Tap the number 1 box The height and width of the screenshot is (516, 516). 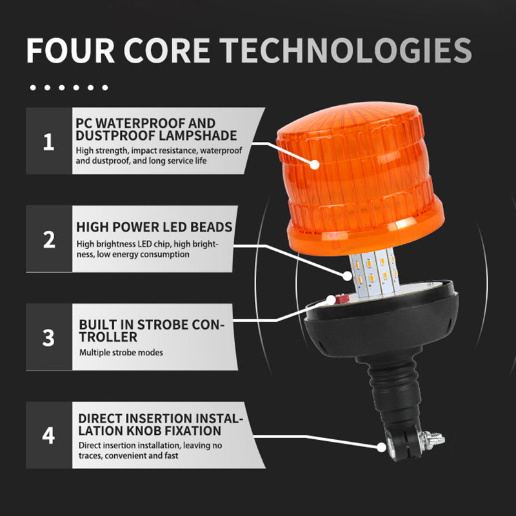pyautogui.click(x=49, y=141)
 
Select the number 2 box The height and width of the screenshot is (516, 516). pyautogui.click(x=49, y=240)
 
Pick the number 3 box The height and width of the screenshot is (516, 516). pyautogui.click(x=49, y=337)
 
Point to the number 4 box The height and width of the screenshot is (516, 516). pyautogui.click(x=49, y=435)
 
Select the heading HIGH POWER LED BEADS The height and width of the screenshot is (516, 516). pyautogui.click(x=154, y=228)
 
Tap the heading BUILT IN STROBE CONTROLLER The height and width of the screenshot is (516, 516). pyautogui.click(x=152, y=330)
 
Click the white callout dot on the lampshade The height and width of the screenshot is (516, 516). pyautogui.click(x=315, y=164)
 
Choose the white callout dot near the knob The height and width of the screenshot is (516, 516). pyautogui.click(x=379, y=445)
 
